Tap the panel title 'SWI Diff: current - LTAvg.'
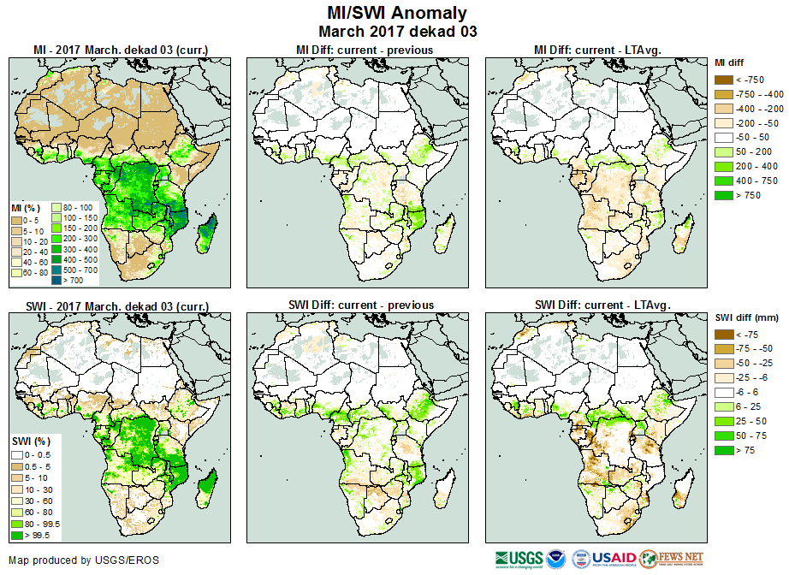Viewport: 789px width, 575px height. pyautogui.click(x=602, y=305)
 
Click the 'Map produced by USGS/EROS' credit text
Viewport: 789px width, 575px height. pyautogui.click(x=84, y=560)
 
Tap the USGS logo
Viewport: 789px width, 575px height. pyautogui.click(x=517, y=559)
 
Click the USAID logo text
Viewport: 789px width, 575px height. pyautogui.click(x=614, y=558)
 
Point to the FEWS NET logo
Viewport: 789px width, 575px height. pyautogui.click(x=671, y=559)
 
